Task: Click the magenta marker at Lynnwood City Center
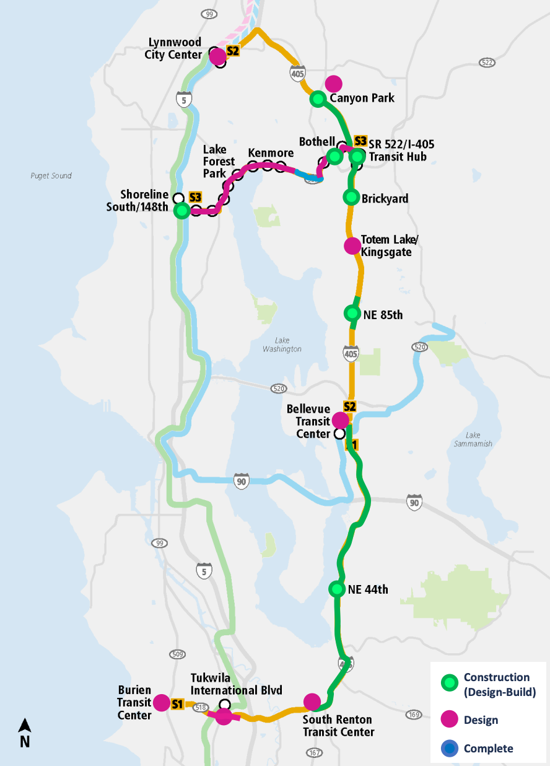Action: [217, 57]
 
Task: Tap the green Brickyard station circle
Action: [351, 197]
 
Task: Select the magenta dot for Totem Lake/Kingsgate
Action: [352, 245]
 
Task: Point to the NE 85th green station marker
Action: [352, 314]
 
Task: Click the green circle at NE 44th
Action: [336, 589]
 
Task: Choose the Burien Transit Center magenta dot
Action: [162, 703]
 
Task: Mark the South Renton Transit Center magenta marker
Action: [312, 702]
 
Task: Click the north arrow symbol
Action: [25, 732]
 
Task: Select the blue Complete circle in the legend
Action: [450, 749]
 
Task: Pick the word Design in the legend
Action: [481, 720]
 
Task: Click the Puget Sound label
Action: [51, 176]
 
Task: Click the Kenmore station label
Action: [271, 153]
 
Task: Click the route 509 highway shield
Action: [177, 654]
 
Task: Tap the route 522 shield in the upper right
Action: [487, 63]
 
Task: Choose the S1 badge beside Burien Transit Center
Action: [178, 703]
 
